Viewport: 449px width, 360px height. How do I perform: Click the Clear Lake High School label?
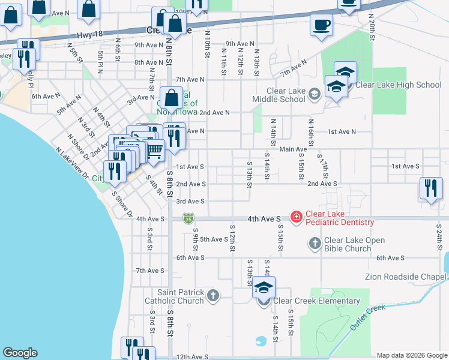pos(399,85)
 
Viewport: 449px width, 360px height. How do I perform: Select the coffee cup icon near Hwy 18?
pos(321,26)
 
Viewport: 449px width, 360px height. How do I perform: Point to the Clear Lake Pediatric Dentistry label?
pos(340,218)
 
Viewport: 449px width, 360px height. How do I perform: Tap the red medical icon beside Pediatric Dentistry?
pos(296,217)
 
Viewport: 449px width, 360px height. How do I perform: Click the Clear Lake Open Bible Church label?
pos(355,244)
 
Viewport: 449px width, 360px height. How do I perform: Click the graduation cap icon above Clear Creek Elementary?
pos(264,288)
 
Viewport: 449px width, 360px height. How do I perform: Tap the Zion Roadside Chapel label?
pos(406,277)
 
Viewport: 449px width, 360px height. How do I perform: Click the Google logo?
pos(20,353)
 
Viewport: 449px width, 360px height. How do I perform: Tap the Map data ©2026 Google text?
pos(411,355)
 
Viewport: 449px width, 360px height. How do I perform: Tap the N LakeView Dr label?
pos(72,164)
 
